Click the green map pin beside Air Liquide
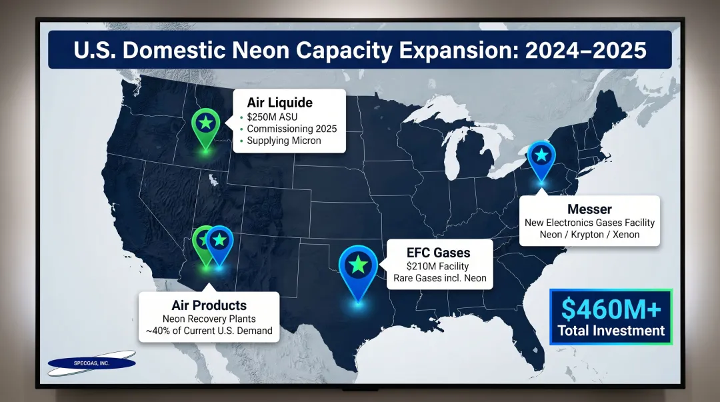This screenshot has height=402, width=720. pyautogui.click(x=206, y=123)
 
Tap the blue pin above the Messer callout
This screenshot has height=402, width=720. pyautogui.click(x=541, y=156)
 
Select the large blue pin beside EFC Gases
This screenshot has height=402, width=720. pyautogui.click(x=359, y=266)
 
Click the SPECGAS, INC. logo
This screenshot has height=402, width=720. pyautogui.click(x=91, y=363)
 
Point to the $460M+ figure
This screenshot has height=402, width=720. pyautogui.click(x=611, y=309)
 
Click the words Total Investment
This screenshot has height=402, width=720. pyautogui.click(x=611, y=331)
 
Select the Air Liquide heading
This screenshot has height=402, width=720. pyautogui.click(x=279, y=103)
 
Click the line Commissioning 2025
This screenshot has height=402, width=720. pyautogui.click(x=291, y=129)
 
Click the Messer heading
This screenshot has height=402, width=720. pyautogui.click(x=589, y=209)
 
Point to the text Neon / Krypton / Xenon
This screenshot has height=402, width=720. pyautogui.click(x=589, y=234)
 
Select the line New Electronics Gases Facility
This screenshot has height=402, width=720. pyautogui.click(x=589, y=222)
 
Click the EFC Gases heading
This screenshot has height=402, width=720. pyautogui.click(x=438, y=253)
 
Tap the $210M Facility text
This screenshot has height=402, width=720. pyautogui.click(x=439, y=266)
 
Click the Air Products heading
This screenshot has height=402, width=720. pyautogui.click(x=209, y=306)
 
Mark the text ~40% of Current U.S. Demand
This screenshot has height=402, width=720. pyautogui.click(x=209, y=331)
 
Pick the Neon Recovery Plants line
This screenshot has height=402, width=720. pyautogui.click(x=209, y=319)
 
